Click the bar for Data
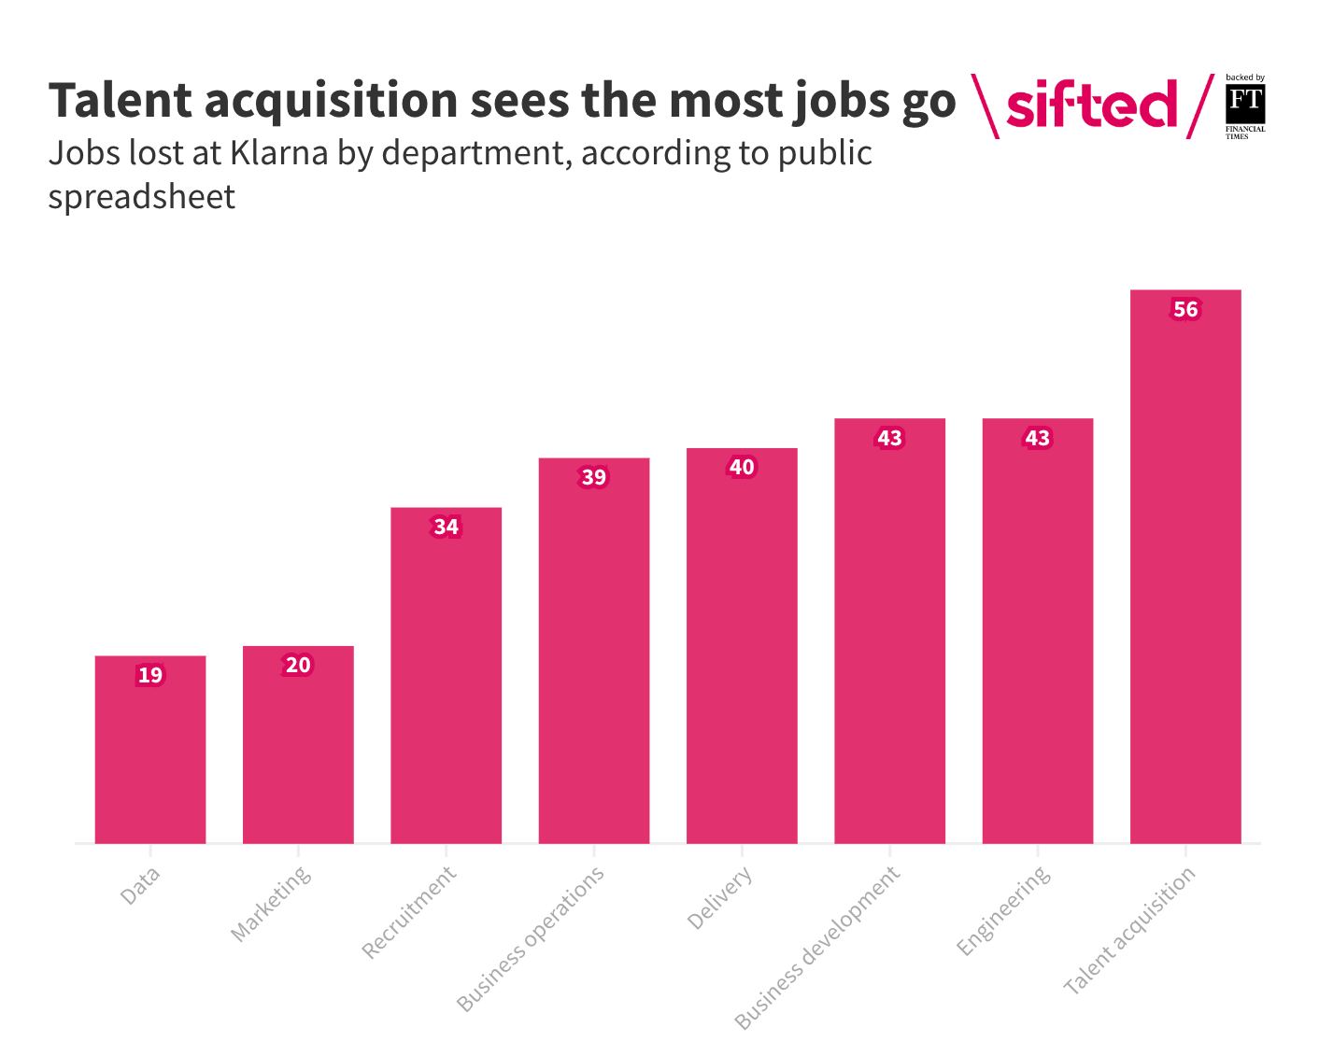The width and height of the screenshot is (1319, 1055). (x=150, y=756)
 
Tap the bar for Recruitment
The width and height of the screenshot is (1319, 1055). (x=446, y=682)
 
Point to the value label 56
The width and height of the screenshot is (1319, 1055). (x=1185, y=310)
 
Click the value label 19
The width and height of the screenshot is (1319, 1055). (x=150, y=675)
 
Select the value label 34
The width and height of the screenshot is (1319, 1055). (x=446, y=527)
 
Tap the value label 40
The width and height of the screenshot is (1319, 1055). (x=742, y=468)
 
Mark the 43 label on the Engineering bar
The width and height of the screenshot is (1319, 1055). (x=1038, y=438)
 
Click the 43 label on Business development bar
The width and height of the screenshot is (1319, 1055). (x=889, y=438)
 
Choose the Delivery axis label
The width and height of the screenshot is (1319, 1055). (x=719, y=899)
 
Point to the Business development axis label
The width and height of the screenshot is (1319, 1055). (x=817, y=948)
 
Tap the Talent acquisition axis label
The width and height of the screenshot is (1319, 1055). (x=1130, y=931)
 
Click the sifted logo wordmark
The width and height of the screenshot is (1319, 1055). (x=1091, y=105)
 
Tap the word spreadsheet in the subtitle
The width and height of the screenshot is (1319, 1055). (x=142, y=197)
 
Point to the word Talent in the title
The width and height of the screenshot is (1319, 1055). (x=121, y=101)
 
